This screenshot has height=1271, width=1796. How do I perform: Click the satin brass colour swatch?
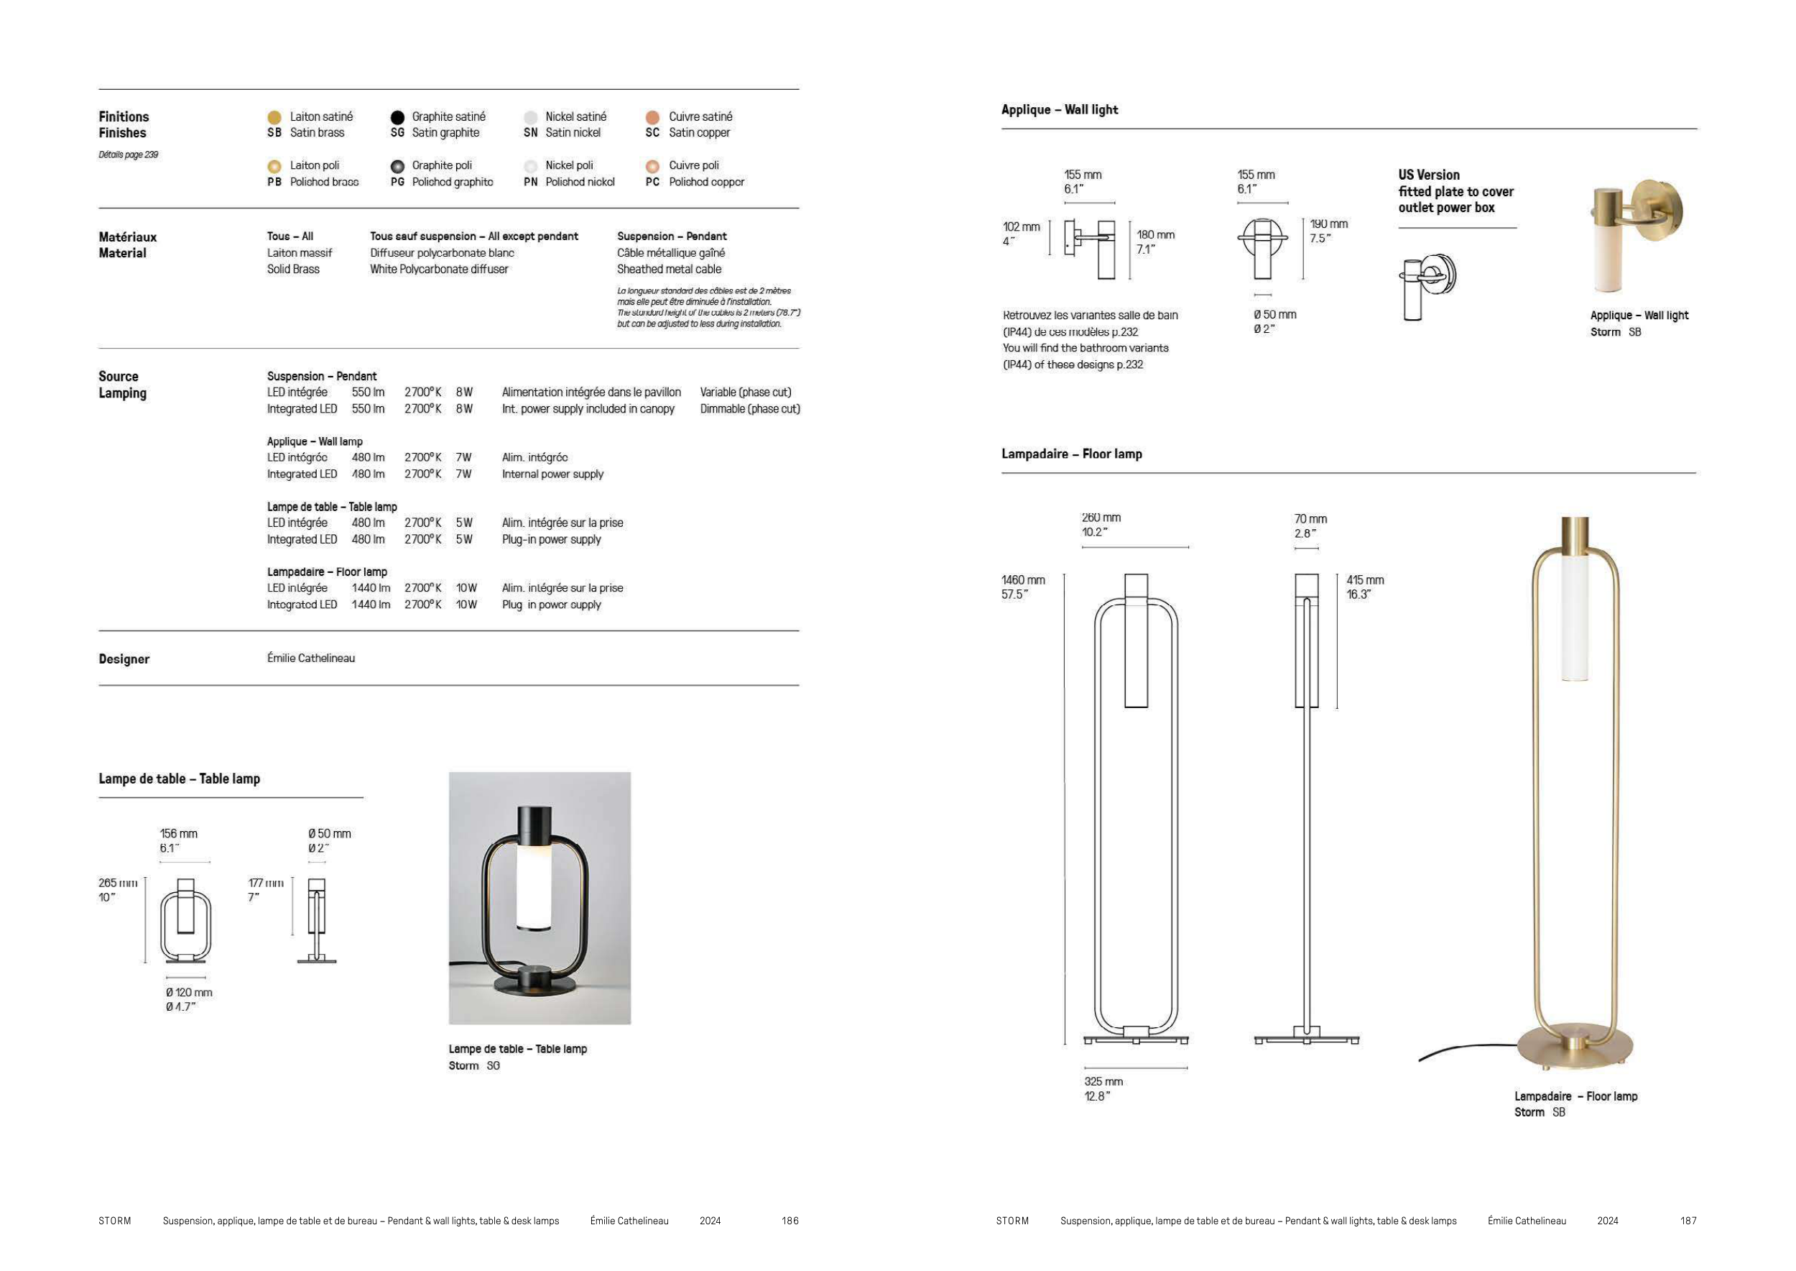[x=274, y=117]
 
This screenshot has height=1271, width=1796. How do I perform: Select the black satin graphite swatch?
[x=397, y=117]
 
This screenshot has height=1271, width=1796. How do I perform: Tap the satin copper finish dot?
[x=652, y=117]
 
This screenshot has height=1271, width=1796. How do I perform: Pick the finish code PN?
[x=530, y=183]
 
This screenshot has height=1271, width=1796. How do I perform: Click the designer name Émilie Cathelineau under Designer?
[x=311, y=659]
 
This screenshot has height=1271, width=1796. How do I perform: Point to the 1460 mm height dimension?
[x=1023, y=580]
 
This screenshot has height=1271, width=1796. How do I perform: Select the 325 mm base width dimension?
[x=1103, y=1082]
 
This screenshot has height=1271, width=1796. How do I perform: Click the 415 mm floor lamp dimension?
[x=1365, y=580]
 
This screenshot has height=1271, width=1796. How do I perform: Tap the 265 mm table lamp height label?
[x=118, y=883]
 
